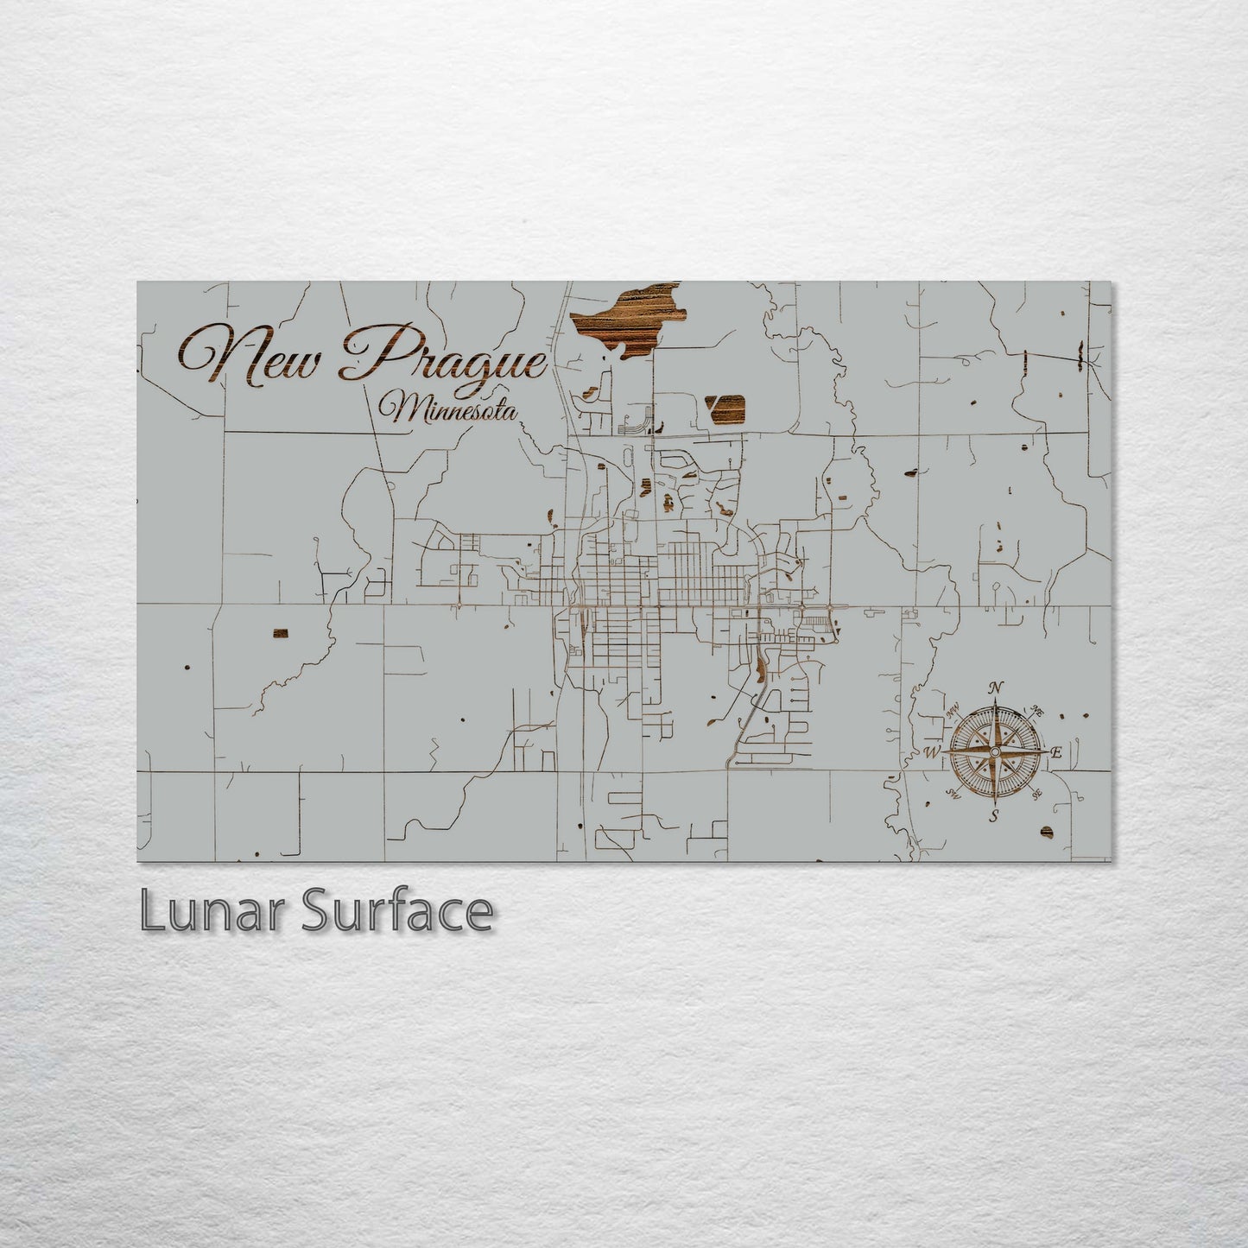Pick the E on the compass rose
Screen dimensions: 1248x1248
click(x=1055, y=753)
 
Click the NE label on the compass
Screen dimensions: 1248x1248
click(x=1038, y=712)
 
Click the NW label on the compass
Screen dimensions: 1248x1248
click(x=953, y=712)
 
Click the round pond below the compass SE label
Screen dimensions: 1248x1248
click(x=1047, y=831)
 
